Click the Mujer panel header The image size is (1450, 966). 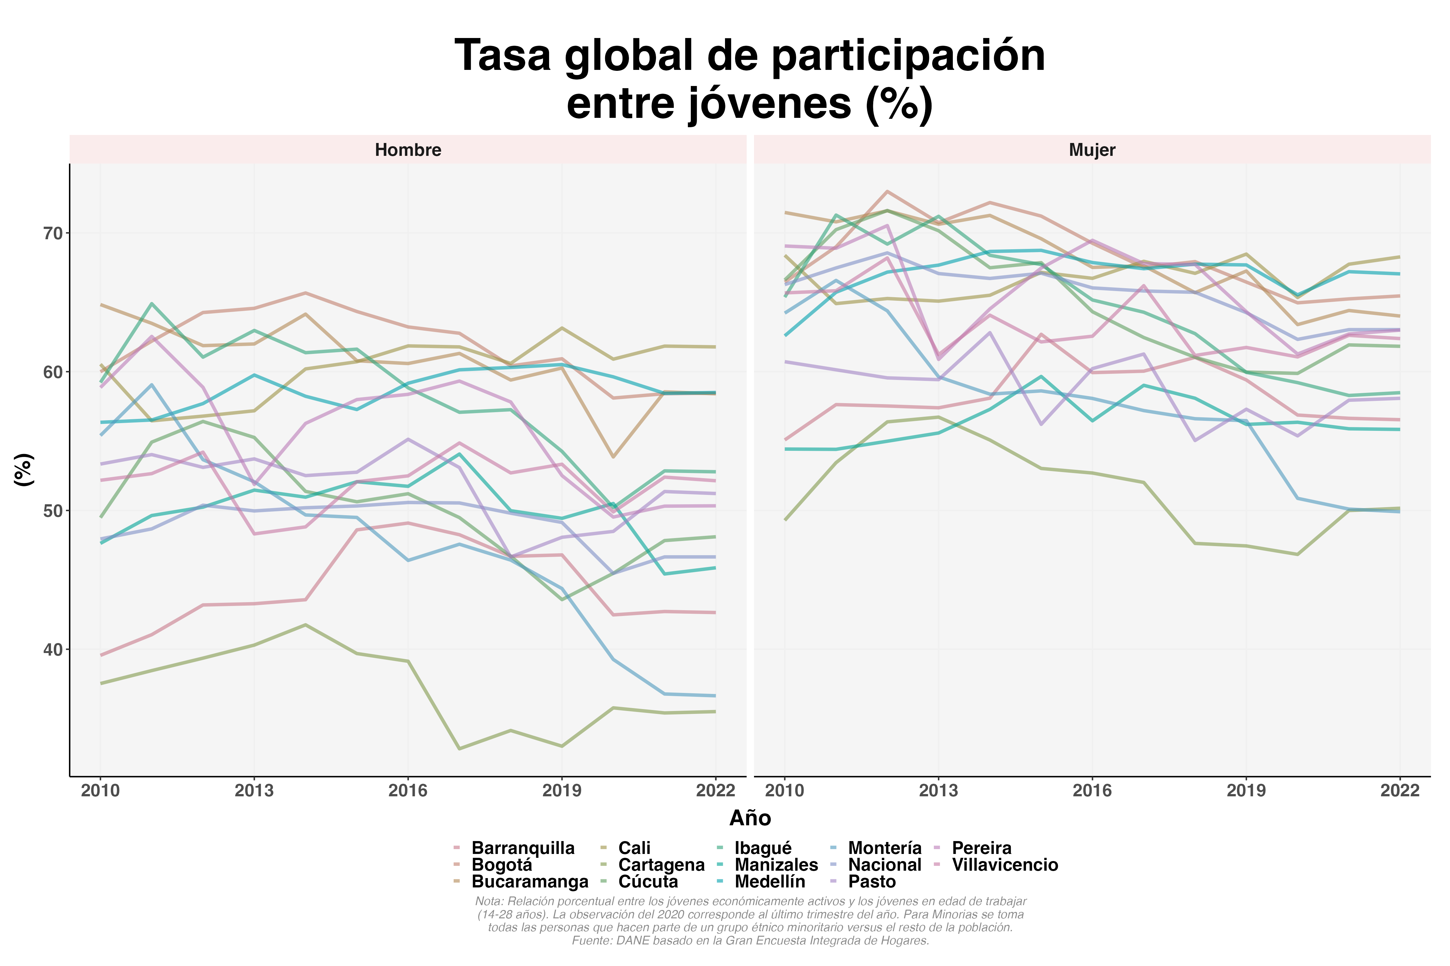[1092, 150]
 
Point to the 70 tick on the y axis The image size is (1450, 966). [53, 233]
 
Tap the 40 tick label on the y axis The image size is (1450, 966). [53, 650]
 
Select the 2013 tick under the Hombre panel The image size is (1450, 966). [254, 791]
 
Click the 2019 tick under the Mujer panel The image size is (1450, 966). [1246, 791]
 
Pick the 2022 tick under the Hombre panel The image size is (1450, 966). [715, 791]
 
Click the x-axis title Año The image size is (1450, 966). [750, 818]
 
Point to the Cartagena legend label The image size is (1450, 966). [661, 865]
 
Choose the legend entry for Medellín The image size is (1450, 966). [769, 882]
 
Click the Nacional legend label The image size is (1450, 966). [884, 865]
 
